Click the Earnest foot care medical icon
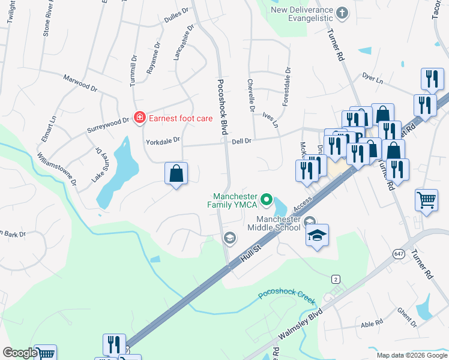coord(139,118)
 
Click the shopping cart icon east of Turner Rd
coord(426,200)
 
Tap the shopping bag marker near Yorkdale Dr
coord(176,174)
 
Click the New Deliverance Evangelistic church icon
coord(342,12)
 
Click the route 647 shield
coord(399,254)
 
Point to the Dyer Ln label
coord(372,78)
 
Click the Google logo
coord(19,353)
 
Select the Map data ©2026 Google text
coord(411,355)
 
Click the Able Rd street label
coord(372,324)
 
